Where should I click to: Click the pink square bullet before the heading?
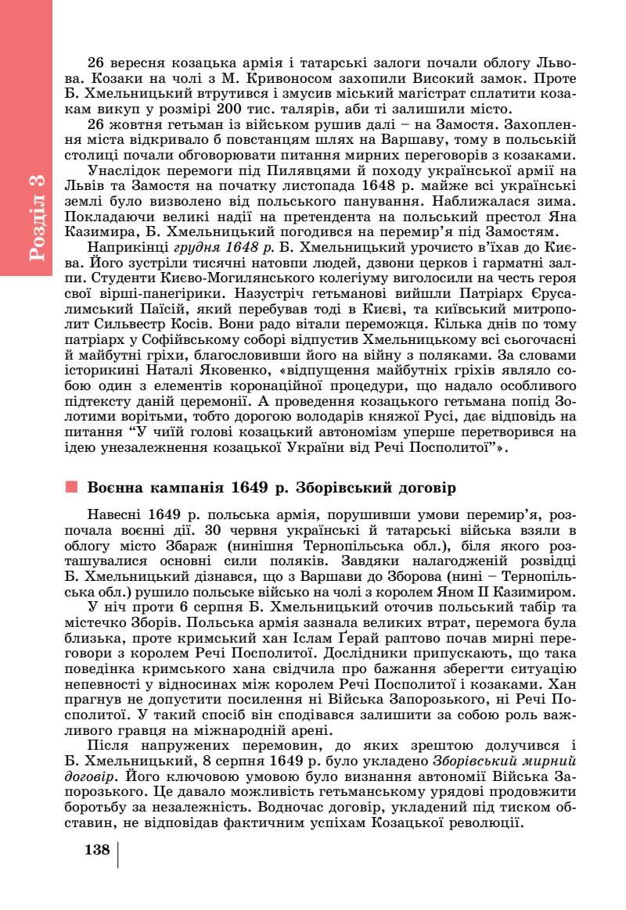coord(72,487)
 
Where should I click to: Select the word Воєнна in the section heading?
coord(116,487)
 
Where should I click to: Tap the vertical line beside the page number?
coord(118,854)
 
